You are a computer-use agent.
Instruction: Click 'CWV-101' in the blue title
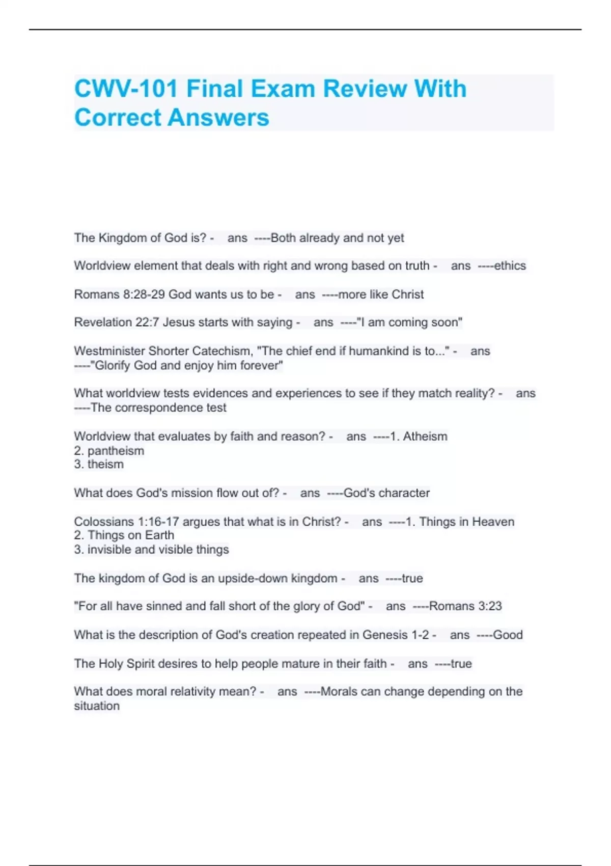point(126,89)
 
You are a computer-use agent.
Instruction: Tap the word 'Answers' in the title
point(218,118)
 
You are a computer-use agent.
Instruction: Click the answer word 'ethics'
point(510,266)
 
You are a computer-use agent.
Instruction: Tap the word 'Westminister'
point(109,351)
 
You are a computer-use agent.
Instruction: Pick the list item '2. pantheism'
point(109,451)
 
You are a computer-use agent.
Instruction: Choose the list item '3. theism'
point(99,465)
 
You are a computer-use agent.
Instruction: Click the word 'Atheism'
point(425,437)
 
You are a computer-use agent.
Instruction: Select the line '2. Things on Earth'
point(124,535)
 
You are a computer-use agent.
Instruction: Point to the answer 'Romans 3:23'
point(465,606)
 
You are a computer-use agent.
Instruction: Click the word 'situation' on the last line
point(97,706)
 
